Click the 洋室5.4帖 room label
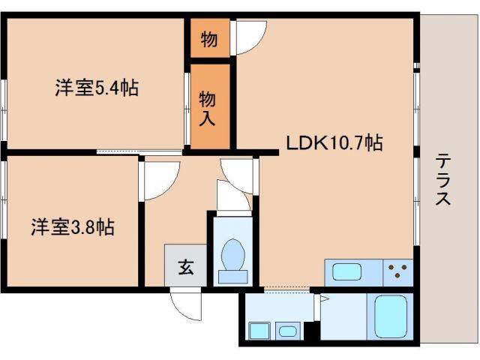click(97, 88)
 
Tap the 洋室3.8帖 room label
click(73, 226)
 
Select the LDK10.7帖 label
click(334, 142)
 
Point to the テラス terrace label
click(443, 179)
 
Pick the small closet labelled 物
click(210, 38)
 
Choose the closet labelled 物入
click(210, 106)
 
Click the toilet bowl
click(233, 260)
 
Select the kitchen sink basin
click(346, 271)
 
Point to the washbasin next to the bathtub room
click(288, 331)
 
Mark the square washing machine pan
click(259, 331)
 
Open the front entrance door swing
click(185, 304)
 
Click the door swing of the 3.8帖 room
click(159, 181)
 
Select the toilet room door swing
click(233, 195)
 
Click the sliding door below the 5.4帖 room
click(139, 151)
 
